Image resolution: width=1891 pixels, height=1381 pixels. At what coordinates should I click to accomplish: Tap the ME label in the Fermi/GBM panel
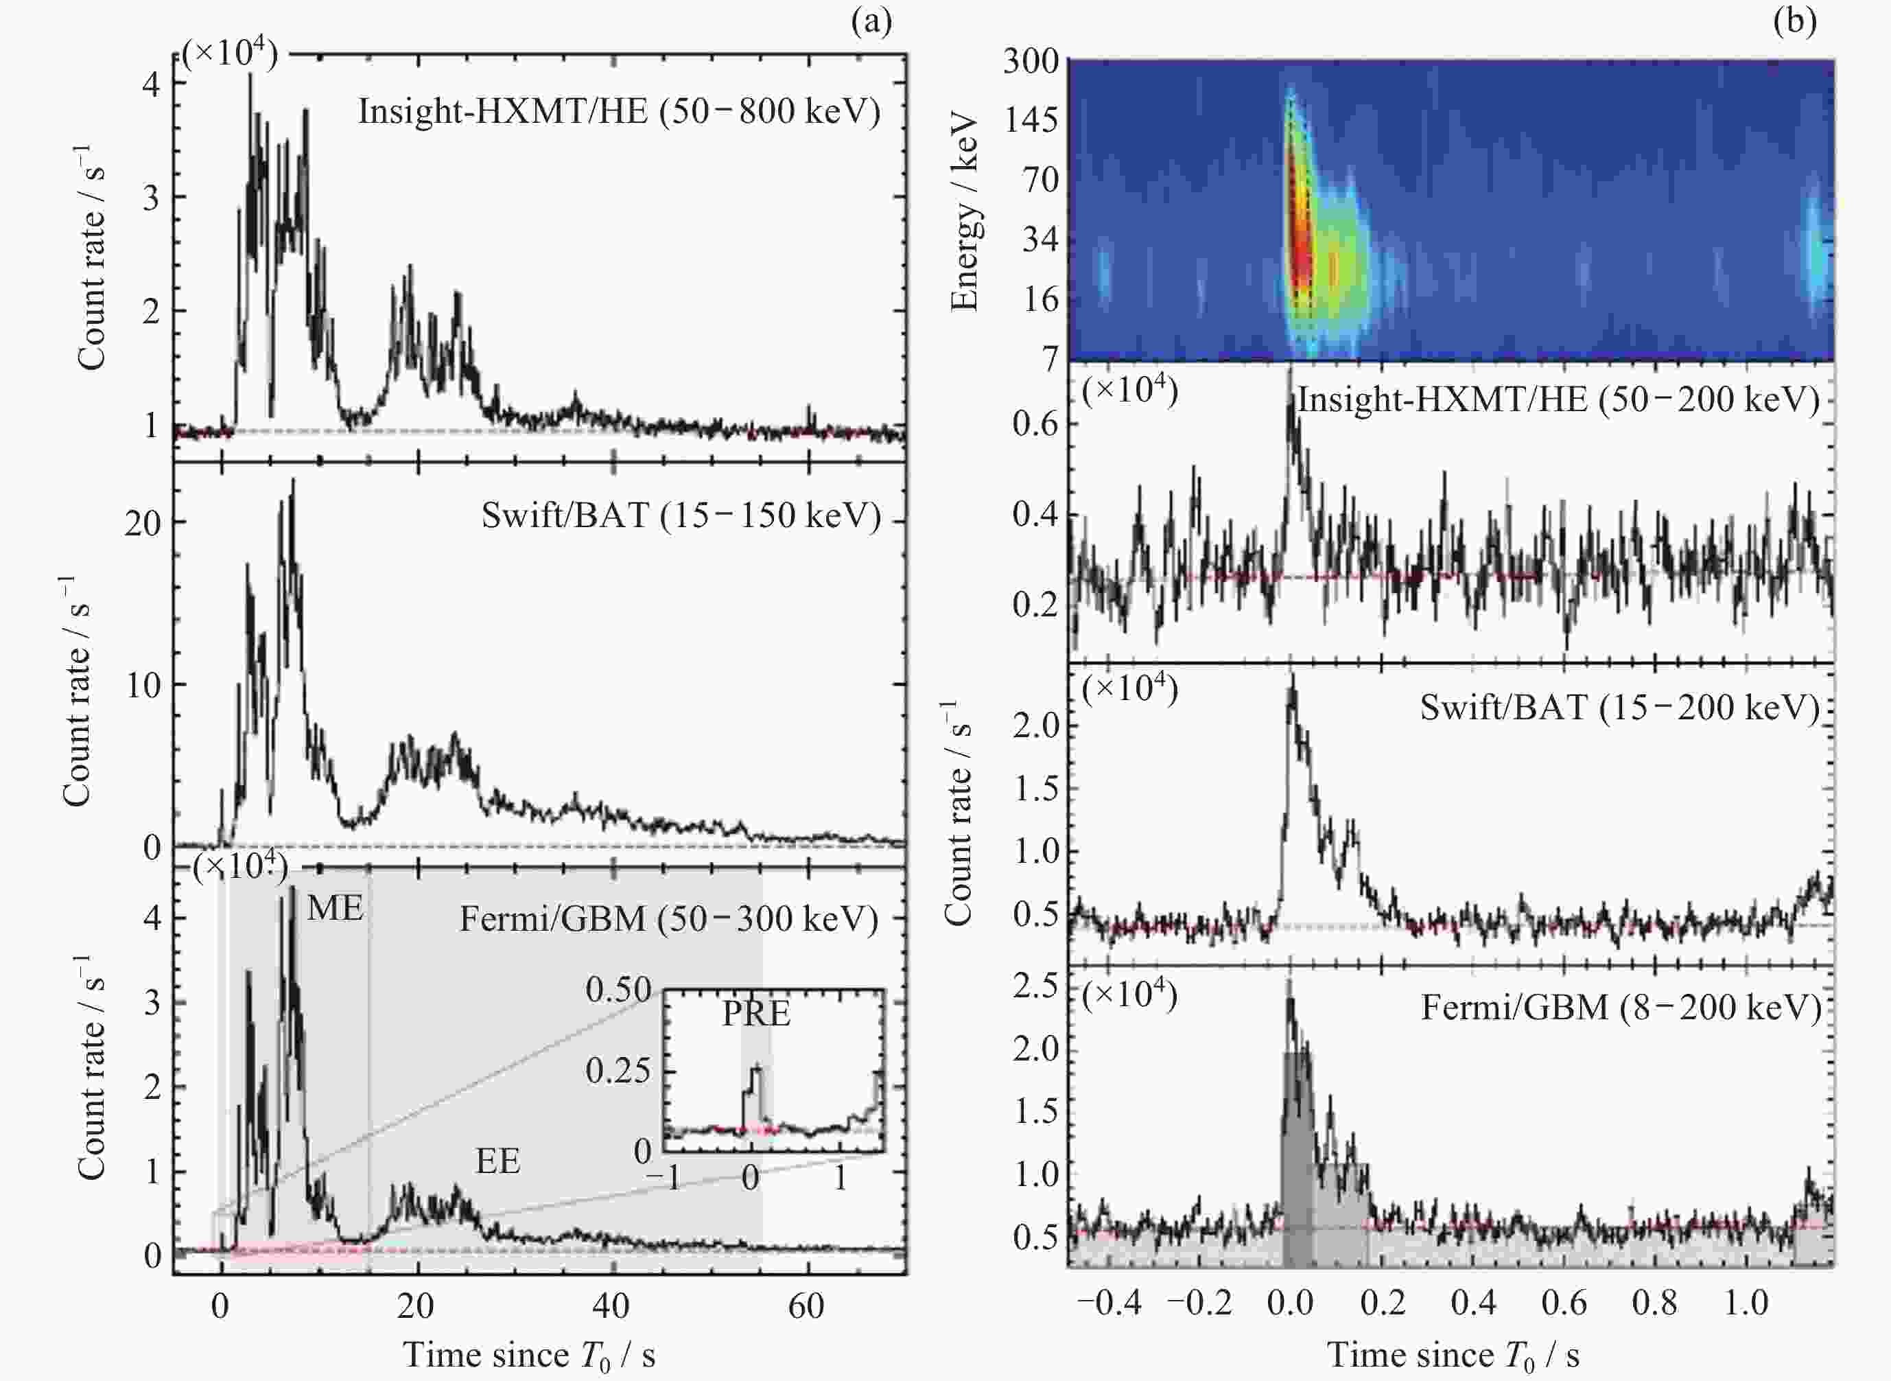coord(335,908)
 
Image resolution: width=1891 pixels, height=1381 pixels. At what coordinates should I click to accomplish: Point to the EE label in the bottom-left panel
coord(498,1161)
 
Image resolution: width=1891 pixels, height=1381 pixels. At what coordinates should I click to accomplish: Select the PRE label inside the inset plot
coord(756,1014)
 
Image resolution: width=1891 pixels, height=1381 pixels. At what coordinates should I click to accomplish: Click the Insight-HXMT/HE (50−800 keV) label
coord(619,111)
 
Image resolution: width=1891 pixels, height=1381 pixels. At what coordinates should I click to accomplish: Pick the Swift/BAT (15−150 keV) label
coord(681,515)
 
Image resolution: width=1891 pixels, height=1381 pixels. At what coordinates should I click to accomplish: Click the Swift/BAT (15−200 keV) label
coord(1619,708)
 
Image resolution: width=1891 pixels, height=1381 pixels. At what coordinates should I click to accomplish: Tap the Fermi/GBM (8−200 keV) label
coord(1621,1008)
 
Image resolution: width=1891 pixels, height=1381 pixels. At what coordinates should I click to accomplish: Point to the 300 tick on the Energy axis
coord(1031,61)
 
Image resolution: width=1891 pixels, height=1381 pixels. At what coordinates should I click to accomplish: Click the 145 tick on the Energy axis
coord(1031,120)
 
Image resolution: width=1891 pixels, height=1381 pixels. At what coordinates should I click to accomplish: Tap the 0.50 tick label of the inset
coord(618,990)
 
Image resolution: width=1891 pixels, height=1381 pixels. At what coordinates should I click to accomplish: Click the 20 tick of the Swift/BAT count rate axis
coord(143,523)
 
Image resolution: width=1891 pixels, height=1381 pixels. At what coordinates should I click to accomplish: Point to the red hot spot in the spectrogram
coord(1297,242)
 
